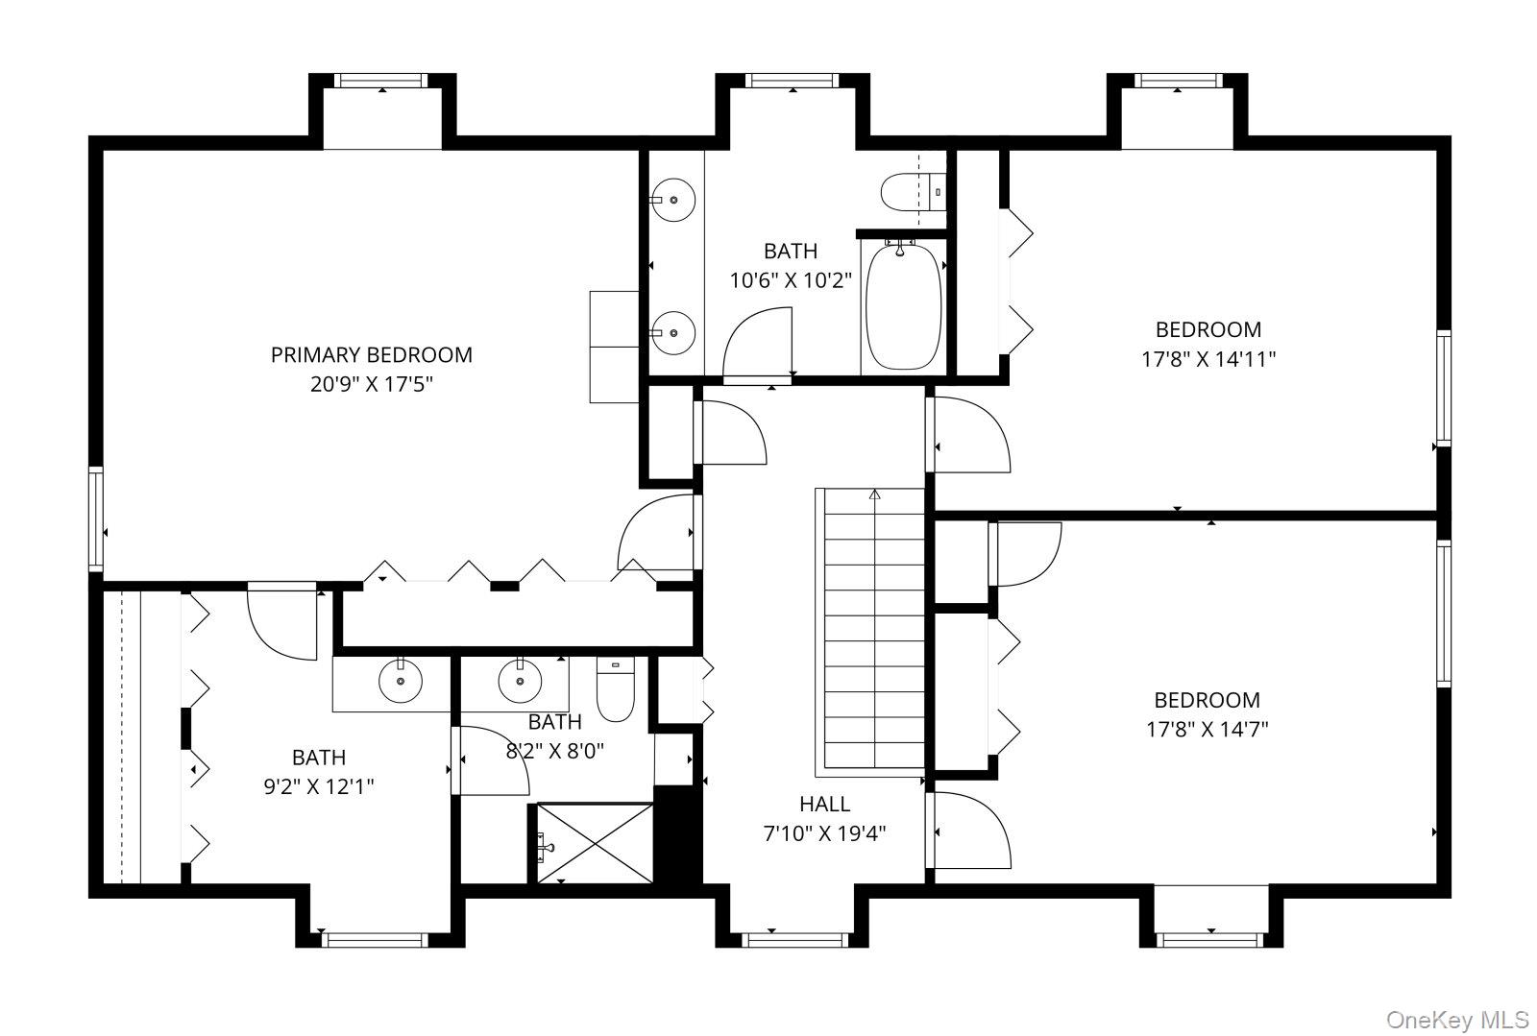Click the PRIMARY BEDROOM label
371,355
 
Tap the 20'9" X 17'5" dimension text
371,384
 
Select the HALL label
825,804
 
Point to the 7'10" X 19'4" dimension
825,833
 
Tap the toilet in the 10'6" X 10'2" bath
914,193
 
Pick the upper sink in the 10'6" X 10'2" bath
672,201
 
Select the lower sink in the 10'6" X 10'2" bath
672,333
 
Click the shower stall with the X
595,843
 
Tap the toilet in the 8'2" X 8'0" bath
615,689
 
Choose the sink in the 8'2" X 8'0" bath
520,680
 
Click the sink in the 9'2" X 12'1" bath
400,681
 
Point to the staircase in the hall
870,632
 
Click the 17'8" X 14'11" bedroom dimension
1208,359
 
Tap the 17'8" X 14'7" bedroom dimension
1207,729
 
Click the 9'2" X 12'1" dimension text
319,786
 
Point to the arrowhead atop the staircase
874,494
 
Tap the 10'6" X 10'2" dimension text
791,280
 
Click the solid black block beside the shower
678,835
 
